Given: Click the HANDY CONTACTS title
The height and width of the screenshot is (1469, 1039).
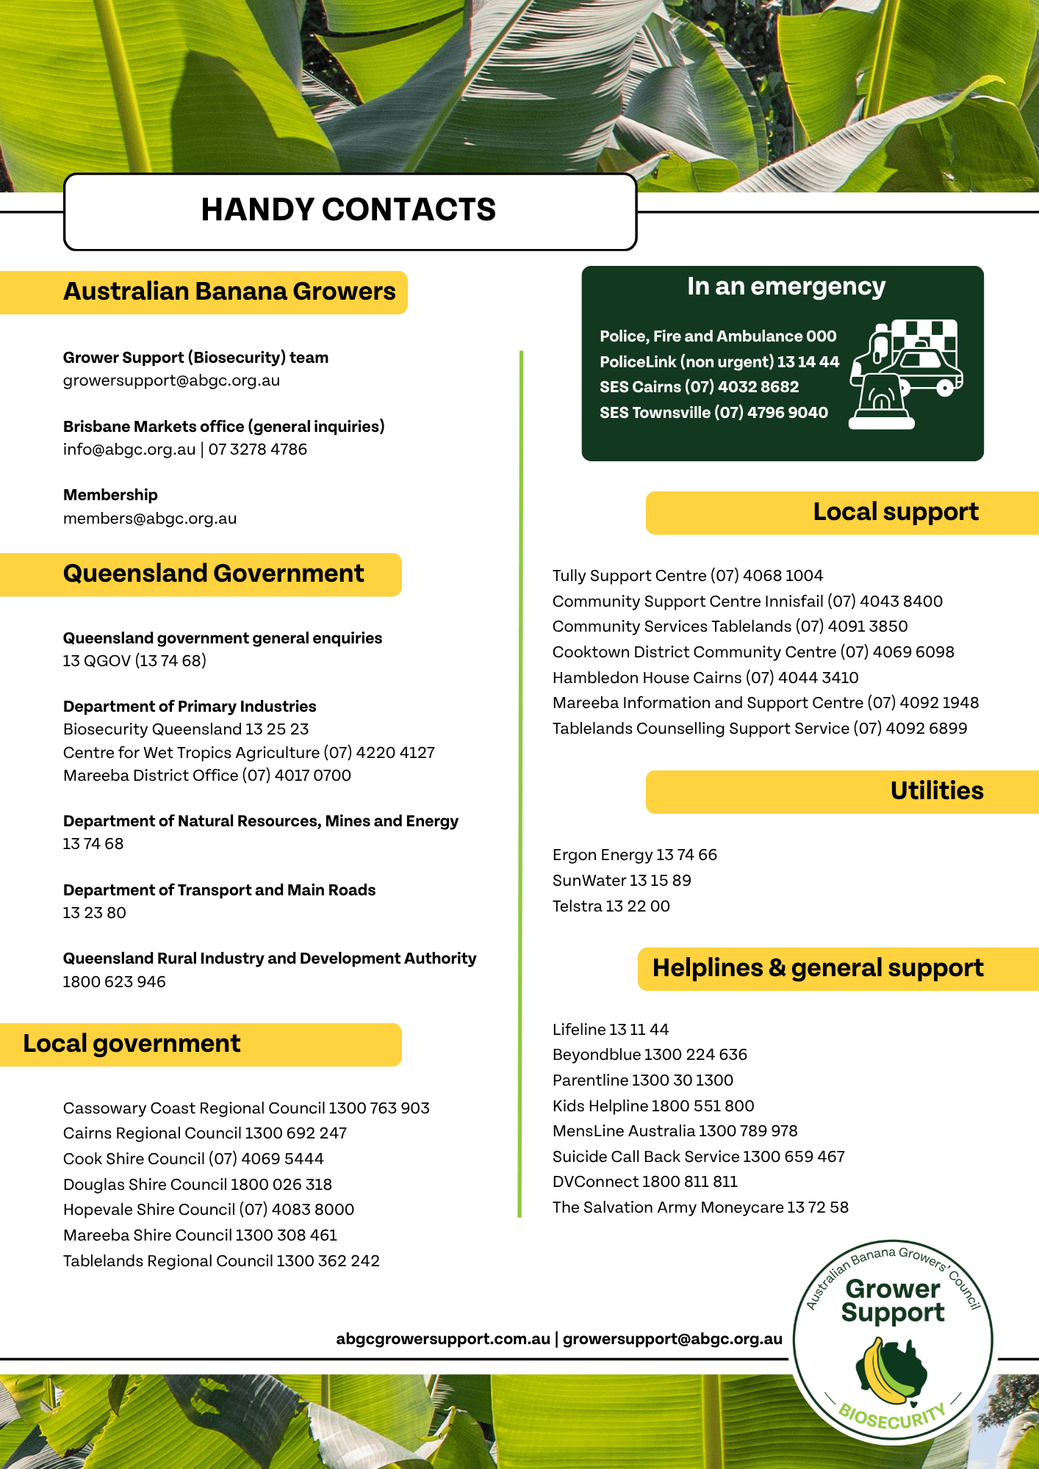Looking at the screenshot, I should (348, 210).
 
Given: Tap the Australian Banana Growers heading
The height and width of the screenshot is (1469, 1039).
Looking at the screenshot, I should (229, 292).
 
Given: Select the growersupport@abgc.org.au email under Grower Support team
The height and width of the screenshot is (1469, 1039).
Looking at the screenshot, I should (171, 380).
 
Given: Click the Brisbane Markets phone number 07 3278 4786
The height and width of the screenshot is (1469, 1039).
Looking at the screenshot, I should (258, 450).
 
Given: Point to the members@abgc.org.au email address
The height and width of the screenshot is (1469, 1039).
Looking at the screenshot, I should (150, 519).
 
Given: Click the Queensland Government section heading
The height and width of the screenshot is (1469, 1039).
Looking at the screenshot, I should (213, 574).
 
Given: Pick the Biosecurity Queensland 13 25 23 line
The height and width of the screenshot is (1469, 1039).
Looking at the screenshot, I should (186, 729).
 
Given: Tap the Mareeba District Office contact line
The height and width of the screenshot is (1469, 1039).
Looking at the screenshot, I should (206, 776).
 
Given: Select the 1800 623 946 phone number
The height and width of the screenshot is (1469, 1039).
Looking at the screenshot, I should (114, 982).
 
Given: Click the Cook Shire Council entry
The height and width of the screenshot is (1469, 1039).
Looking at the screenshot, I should (193, 1159).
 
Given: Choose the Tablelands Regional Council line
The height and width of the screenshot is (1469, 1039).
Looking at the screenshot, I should (221, 1261).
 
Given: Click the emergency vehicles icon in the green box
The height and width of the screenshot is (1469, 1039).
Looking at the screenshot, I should (906, 374).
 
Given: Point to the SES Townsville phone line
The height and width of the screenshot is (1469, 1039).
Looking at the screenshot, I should (713, 413).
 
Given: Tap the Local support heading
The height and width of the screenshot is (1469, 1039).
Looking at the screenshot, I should (895, 512).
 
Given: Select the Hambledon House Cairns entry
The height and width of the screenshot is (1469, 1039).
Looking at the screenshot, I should (705, 678).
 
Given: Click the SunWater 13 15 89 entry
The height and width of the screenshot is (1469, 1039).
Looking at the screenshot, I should (622, 881).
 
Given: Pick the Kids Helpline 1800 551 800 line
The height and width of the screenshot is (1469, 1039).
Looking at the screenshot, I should (653, 1106).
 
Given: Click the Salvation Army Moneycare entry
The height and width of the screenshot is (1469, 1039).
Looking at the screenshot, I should (700, 1208).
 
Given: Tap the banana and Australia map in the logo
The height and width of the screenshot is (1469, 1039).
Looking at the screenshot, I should (891, 1369).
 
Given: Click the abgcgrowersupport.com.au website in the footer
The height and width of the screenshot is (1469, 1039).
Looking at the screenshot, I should (443, 1339).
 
